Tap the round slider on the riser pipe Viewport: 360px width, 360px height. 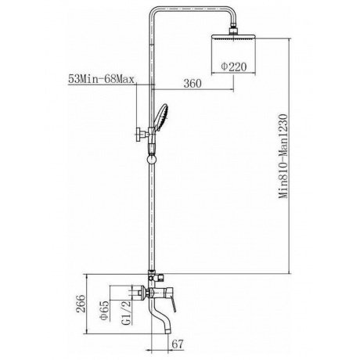[x=150, y=159]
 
